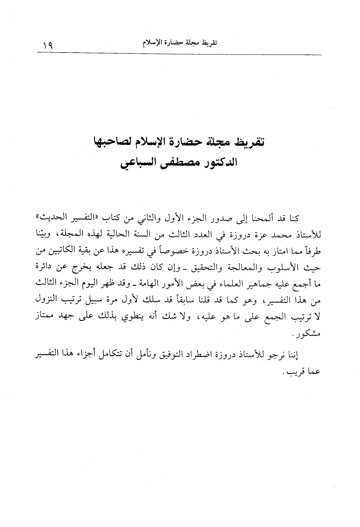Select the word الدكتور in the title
[218, 165]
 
